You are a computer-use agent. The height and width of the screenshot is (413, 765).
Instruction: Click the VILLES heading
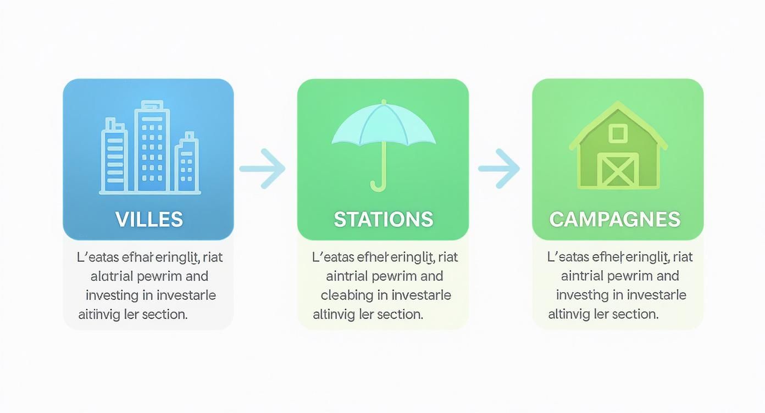coord(149,220)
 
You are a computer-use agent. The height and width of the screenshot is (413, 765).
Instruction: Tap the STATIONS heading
coord(383,220)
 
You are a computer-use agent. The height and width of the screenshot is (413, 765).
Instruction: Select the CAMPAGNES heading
coord(614,220)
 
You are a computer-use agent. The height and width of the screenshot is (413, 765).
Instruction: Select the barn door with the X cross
coord(618,170)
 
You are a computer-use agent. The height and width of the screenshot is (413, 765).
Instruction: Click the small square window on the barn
coord(618,133)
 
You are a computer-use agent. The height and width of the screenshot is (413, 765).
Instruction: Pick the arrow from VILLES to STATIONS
coord(263,168)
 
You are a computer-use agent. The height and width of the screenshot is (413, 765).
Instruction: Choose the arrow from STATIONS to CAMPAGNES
coord(498,168)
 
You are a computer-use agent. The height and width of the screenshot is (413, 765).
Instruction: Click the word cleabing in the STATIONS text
coord(346,295)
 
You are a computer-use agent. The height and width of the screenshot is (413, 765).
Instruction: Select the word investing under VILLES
coord(112,295)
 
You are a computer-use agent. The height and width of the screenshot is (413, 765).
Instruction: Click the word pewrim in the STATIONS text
coord(395,276)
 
